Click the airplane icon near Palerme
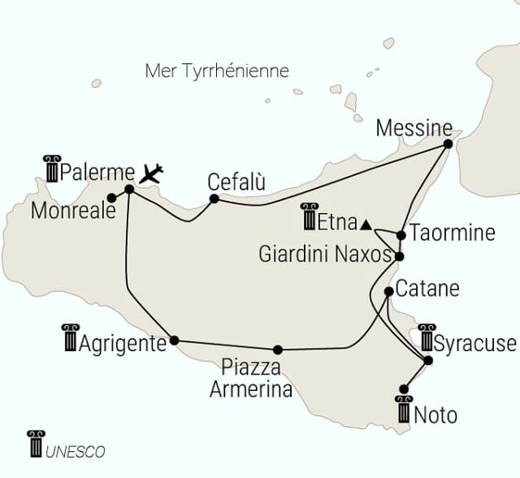coord(151,172)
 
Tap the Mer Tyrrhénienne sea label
coord(216,71)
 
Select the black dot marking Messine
coord(448,144)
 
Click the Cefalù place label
coord(236,180)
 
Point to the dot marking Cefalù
coord(214,198)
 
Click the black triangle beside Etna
coord(366,224)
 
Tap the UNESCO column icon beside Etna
coord(309,216)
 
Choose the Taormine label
coord(453,232)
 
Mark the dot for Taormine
coord(401,236)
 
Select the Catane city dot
coord(389,291)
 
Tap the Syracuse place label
coord(475,342)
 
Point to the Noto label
coord(435,415)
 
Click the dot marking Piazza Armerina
coord(278,350)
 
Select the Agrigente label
coord(123,343)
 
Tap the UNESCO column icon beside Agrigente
coord(70,337)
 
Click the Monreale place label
coord(68,211)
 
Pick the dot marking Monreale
coord(111,198)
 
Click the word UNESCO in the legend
coord(76,451)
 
